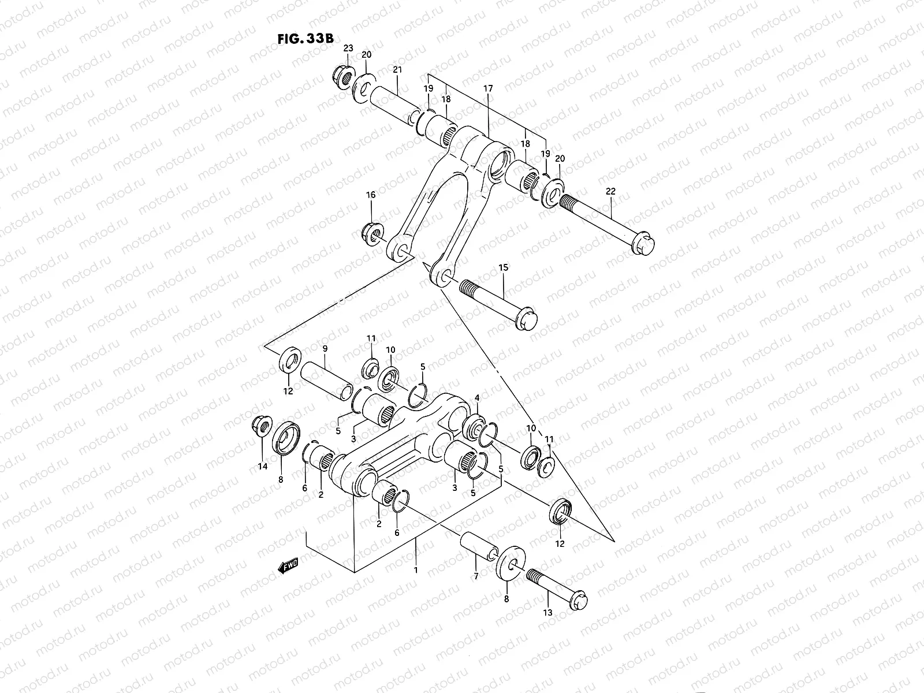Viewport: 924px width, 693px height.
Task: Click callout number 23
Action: (348, 48)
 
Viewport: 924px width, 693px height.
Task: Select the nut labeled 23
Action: (344, 75)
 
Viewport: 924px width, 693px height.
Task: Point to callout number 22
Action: (610, 191)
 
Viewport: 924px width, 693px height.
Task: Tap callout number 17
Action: (489, 89)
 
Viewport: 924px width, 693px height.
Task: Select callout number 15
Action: (503, 267)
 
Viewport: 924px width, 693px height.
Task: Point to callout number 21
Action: (397, 70)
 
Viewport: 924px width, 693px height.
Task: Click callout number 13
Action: (547, 612)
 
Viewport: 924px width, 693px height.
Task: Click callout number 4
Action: (477, 398)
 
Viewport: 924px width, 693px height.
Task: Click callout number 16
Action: (370, 196)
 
